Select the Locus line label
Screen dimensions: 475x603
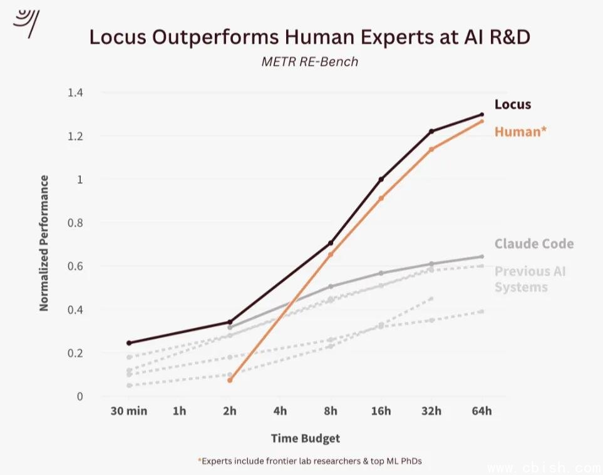coord(513,105)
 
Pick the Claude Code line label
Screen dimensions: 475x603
coord(533,244)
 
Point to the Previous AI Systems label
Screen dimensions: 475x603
coord(530,279)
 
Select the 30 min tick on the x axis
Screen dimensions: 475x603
coord(128,411)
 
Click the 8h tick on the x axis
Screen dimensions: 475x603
coord(331,411)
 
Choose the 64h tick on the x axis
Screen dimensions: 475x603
coord(482,411)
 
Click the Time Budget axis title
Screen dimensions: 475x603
coord(305,438)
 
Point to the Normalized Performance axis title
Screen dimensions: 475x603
coord(44,243)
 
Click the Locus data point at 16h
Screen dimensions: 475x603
coord(381,180)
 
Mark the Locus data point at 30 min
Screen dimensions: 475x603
coord(129,343)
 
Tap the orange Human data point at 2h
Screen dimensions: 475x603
coord(230,380)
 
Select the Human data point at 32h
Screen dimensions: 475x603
coord(431,149)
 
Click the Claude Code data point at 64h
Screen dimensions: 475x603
coord(482,257)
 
